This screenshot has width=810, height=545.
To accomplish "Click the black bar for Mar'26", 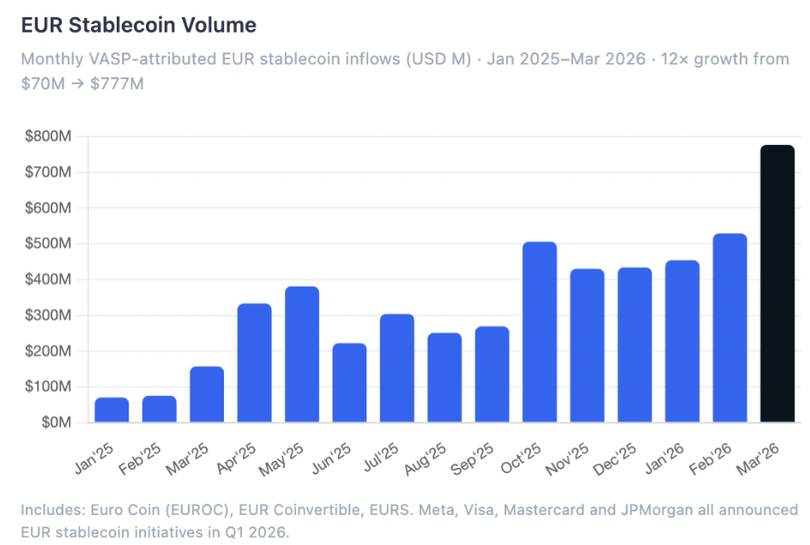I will pos(777,284).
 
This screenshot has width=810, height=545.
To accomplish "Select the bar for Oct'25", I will pos(540,332).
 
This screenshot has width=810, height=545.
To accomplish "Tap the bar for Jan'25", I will pos(112,410).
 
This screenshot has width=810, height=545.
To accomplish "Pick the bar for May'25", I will pos(302,354).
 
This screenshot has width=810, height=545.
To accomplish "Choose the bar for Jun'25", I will pos(349,383).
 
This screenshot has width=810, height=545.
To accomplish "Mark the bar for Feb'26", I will pos(729,328).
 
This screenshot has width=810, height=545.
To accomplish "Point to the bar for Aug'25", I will pos(444,378).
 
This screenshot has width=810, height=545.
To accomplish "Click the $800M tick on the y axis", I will pos(49,136).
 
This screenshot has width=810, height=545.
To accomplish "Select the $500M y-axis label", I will pos(49,244).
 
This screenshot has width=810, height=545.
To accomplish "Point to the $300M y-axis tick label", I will pos(49,315).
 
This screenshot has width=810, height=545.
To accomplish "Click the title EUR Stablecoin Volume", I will pos(138,25).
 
